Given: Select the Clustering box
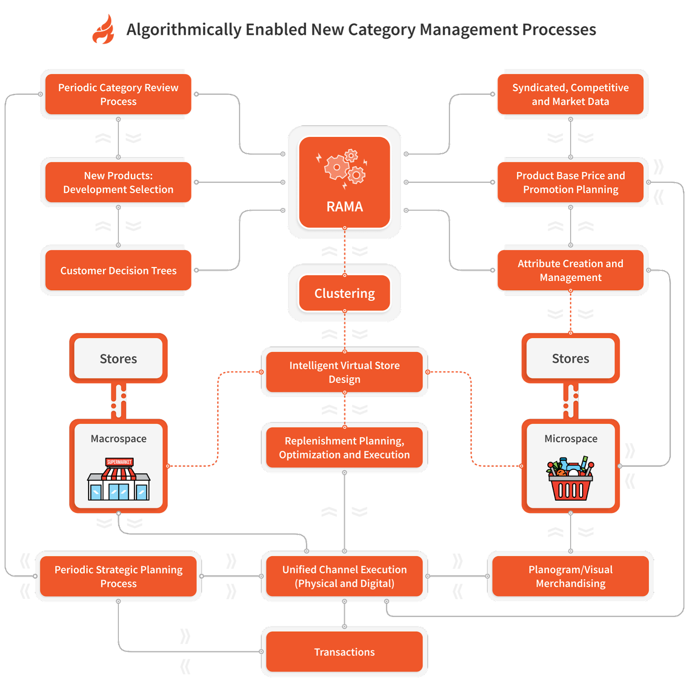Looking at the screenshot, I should point(344,293).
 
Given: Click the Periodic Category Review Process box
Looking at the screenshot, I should point(118,94).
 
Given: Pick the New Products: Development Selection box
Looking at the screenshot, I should point(118,182).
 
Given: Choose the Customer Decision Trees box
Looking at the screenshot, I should point(118,270).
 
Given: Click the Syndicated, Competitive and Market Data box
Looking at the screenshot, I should point(570,94).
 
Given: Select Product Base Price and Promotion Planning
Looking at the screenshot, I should point(570,182).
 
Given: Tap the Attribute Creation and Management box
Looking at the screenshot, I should point(570,270).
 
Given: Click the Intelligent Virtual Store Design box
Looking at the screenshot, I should point(344,372).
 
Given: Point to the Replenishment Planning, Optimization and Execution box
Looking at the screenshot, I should point(344,447).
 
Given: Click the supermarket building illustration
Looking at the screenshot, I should point(119,479).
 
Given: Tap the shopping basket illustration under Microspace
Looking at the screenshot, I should point(571,479).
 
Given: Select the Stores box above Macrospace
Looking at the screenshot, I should point(118,359).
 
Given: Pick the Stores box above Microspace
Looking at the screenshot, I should point(571,359).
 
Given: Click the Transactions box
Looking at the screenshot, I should point(344,652).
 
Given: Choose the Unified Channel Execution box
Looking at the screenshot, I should point(344,576).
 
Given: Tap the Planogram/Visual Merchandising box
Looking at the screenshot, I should point(570,576).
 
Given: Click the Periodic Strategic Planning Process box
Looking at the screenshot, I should point(118,576).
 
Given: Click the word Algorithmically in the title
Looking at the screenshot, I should point(184,30).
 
